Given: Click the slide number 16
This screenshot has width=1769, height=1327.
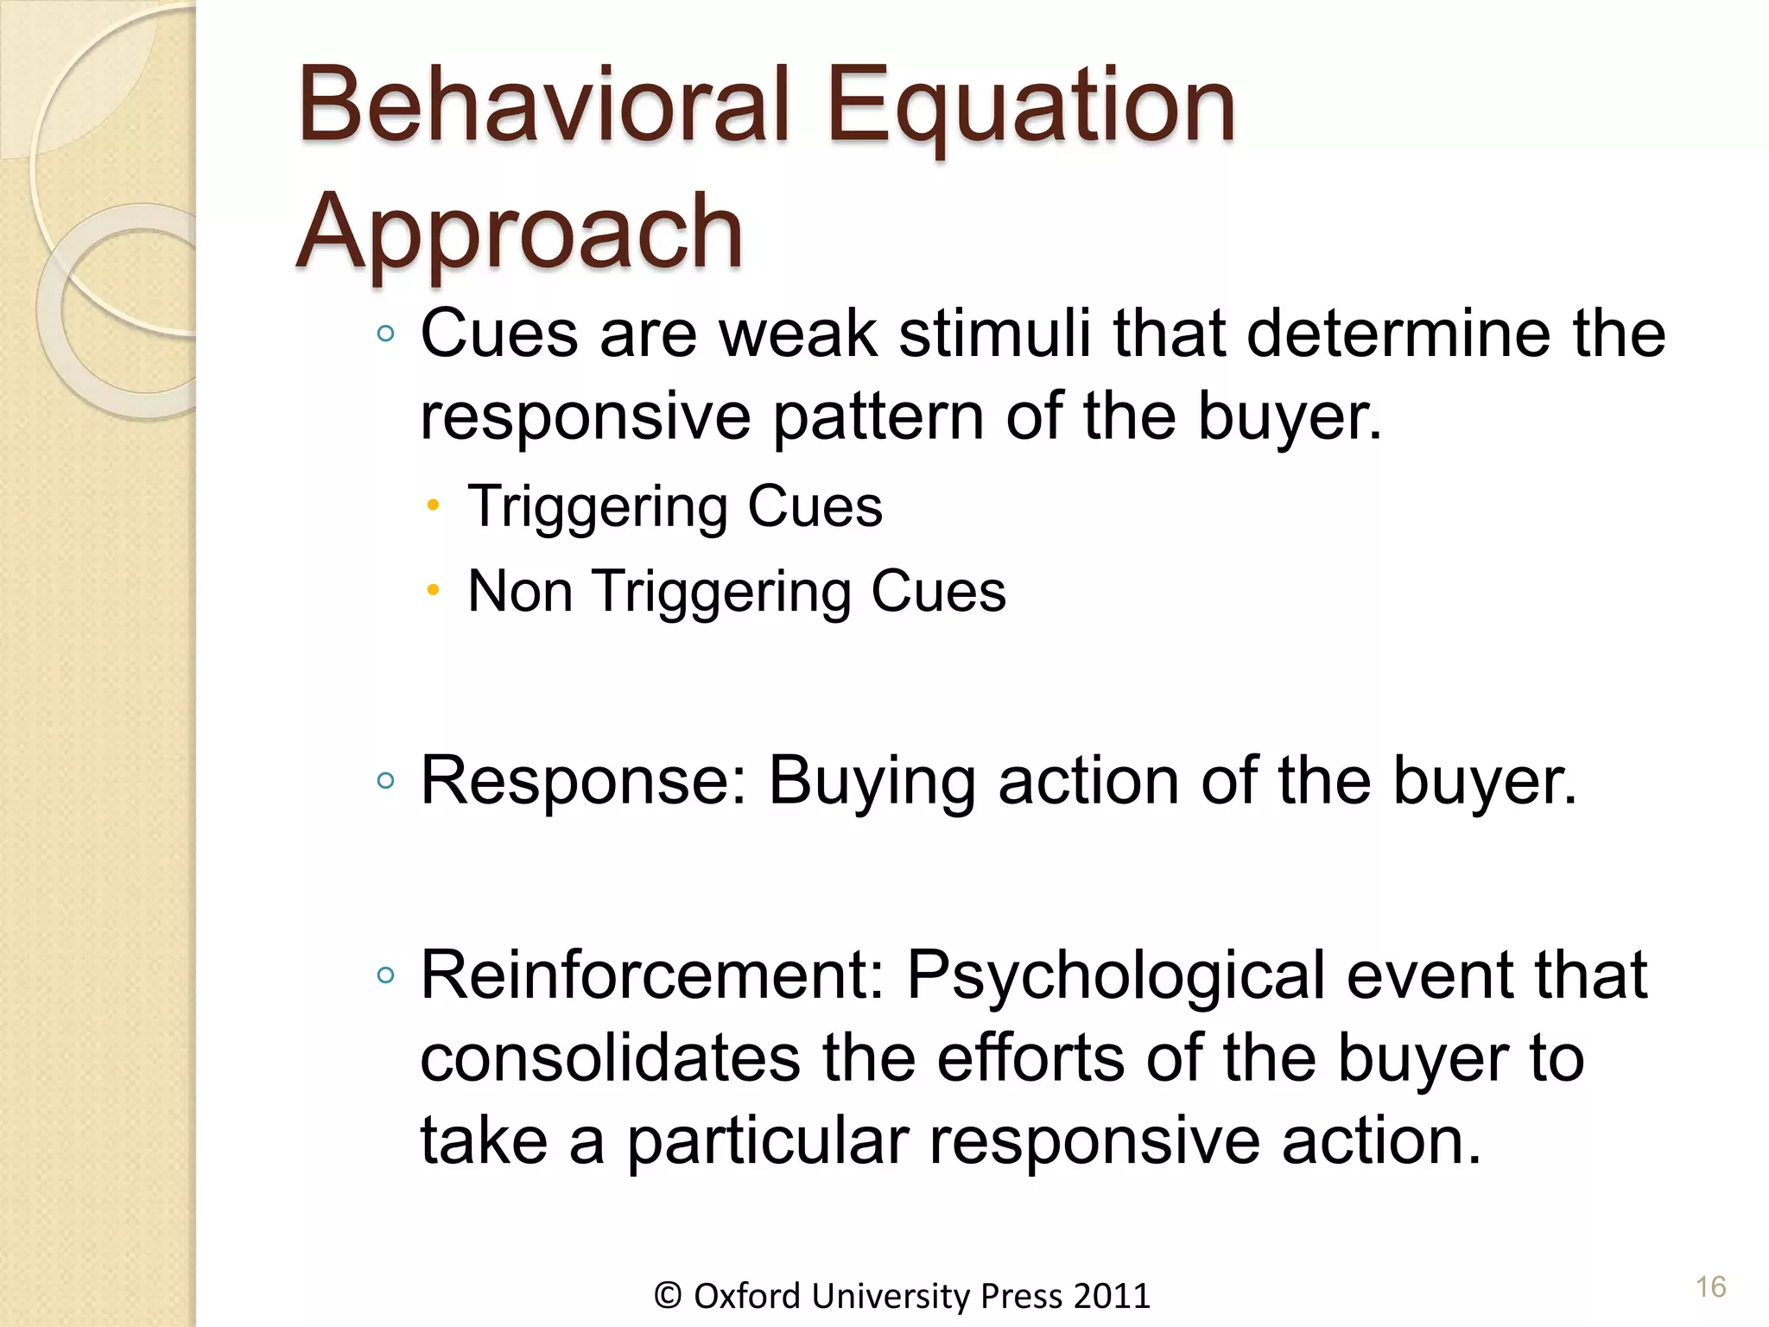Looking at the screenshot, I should [x=1710, y=1287].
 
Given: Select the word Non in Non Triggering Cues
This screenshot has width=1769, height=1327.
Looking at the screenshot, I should [x=520, y=592].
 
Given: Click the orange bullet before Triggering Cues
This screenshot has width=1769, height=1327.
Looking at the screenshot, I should [x=434, y=505].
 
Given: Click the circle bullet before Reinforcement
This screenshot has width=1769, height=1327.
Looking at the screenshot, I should [x=386, y=976].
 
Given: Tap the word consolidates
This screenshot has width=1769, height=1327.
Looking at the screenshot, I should [x=610, y=1059].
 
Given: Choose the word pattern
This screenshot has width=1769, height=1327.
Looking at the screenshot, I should [x=878, y=418].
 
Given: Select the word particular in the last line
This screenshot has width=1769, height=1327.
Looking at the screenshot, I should [x=767, y=1141].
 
